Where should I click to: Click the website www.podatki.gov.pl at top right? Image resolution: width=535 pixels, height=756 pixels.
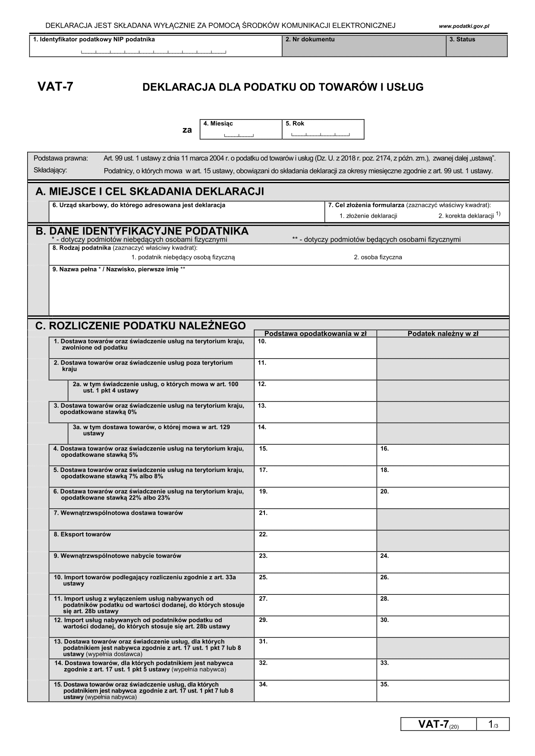pos(464,26)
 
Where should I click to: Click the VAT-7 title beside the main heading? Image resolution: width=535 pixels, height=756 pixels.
pos(55,87)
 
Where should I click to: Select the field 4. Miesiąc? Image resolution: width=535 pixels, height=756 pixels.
pos(240,130)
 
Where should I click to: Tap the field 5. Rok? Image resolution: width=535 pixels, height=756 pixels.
pos(323,130)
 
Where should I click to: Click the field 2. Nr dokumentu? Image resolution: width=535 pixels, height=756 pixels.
pos(364,46)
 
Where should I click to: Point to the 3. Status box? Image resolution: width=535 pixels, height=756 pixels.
pos(476,46)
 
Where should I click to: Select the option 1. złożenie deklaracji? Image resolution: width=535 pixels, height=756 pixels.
pos(368,216)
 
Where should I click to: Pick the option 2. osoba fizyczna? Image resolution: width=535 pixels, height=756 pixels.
pos(378,257)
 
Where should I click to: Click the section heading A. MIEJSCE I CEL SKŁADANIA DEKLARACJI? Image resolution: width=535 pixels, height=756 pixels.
pos(150,191)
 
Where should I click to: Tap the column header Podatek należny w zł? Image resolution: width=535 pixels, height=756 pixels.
pos(443,333)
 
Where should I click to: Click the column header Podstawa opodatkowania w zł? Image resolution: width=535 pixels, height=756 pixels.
pos(315,333)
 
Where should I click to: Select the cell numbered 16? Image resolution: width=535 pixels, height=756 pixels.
pos(443,455)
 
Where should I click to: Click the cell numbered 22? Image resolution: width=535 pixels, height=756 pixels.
pos(315,541)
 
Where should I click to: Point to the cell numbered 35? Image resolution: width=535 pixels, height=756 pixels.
pos(443,691)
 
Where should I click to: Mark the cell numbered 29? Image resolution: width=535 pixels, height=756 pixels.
pos(315,627)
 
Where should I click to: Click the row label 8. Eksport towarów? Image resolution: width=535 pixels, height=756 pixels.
pos(82,534)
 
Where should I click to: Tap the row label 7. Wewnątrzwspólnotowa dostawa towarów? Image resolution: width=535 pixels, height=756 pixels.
pos(118,513)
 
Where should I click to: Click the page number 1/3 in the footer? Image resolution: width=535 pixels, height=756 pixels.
pos(493,725)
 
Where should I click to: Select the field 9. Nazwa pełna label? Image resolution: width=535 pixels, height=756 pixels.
pos(119,269)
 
